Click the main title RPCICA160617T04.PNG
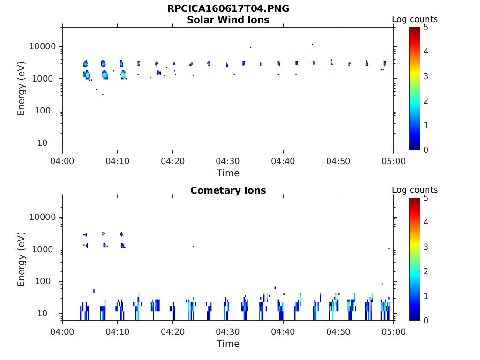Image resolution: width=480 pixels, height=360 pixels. coord(228,9)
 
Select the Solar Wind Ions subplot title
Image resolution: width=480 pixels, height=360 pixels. coord(228,20)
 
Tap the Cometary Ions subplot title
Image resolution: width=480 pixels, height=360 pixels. coord(228,191)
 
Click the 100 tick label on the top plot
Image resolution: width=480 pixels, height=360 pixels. coord(48,111)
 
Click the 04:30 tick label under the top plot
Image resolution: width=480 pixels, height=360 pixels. coord(228,161)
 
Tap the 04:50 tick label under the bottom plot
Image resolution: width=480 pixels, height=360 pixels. coord(338,332)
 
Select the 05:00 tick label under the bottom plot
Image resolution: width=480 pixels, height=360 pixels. coord(393,332)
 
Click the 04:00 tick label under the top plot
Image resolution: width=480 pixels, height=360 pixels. coord(62,161)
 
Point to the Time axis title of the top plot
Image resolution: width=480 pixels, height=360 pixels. coord(228,173)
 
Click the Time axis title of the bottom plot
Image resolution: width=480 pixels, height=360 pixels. coord(228,344)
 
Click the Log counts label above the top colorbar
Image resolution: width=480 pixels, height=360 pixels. coord(415,20)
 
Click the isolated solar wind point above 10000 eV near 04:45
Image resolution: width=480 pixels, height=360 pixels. coord(313,44)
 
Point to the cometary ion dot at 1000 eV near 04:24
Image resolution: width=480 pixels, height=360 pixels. coord(193,246)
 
